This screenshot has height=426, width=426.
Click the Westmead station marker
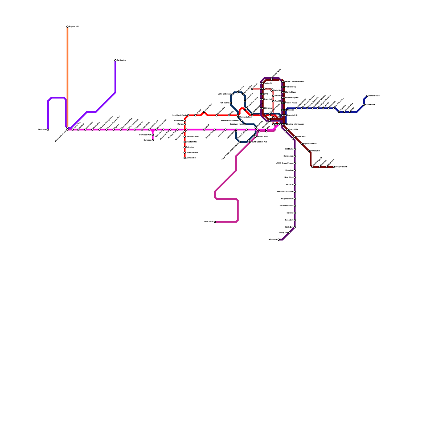[x=48, y=130]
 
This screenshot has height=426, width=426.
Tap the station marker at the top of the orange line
[x=67, y=27]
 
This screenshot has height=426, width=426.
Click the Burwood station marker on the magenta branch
[x=153, y=140]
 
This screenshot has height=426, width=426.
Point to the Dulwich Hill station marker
[x=185, y=158]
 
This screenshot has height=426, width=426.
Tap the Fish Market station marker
[x=231, y=103]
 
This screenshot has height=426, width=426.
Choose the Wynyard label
[x=269, y=89]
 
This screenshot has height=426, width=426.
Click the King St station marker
[x=252, y=89]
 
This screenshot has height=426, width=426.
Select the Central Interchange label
[x=296, y=124]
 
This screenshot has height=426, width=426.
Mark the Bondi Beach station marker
[x=367, y=96]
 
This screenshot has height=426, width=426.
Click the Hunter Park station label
[x=370, y=105]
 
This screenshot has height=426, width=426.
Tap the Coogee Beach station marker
[x=334, y=167]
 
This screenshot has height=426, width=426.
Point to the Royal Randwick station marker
[x=302, y=144]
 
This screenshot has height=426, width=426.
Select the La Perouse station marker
[x=279, y=240]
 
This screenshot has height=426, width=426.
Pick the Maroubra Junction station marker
[x=295, y=192]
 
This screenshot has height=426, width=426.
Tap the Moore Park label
[x=301, y=137]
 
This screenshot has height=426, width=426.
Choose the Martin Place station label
[x=290, y=92]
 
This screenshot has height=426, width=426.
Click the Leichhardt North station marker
[x=188, y=115]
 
